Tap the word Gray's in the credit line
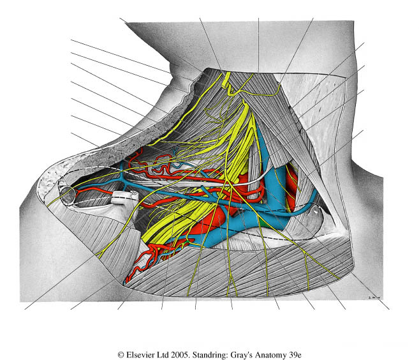point(241,356)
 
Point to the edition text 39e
point(295,355)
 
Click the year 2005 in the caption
point(180,355)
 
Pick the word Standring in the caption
point(210,356)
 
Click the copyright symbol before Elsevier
point(121,355)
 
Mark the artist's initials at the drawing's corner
point(374,297)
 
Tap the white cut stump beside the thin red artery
point(124,197)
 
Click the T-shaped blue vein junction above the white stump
point(122,180)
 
